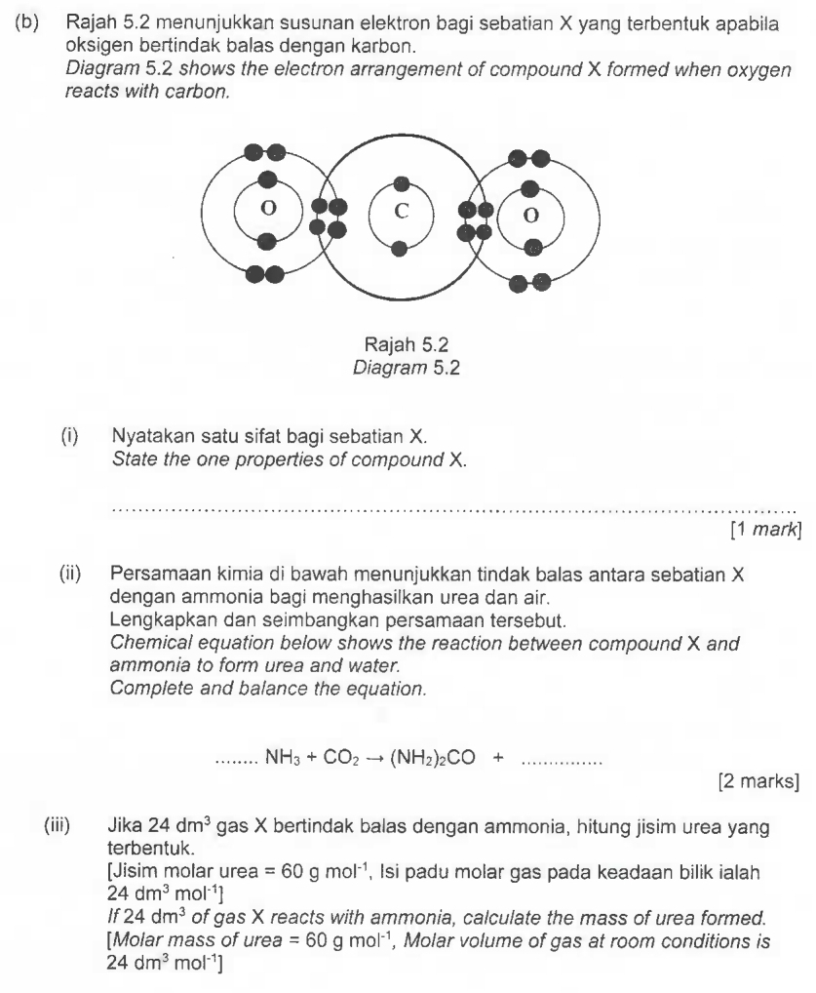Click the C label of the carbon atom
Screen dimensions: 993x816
point(399,212)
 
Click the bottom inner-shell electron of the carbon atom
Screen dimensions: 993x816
point(399,248)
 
